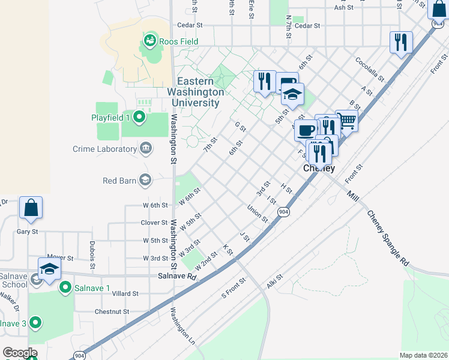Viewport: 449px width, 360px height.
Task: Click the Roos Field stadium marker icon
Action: click(149, 41)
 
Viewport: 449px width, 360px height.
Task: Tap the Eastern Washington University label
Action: click(200, 92)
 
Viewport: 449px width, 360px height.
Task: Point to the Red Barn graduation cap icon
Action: click(145, 179)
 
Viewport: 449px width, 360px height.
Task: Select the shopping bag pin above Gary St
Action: click(31, 207)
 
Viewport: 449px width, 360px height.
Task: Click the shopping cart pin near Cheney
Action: click(347, 121)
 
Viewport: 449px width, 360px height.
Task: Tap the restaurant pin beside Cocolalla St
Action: click(400, 43)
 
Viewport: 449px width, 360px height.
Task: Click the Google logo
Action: click(19, 353)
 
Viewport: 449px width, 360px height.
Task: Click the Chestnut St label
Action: click(112, 311)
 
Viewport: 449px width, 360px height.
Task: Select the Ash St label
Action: click(344, 7)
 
